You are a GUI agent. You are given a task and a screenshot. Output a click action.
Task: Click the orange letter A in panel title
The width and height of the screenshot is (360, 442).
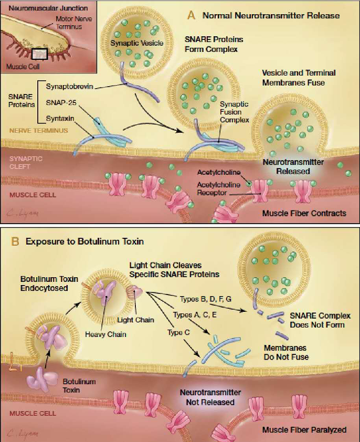(x=192, y=15)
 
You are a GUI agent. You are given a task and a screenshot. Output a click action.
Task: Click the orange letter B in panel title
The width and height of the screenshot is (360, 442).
(x=14, y=243)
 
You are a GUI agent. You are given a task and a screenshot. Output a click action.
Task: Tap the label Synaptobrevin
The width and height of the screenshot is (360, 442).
(x=65, y=87)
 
